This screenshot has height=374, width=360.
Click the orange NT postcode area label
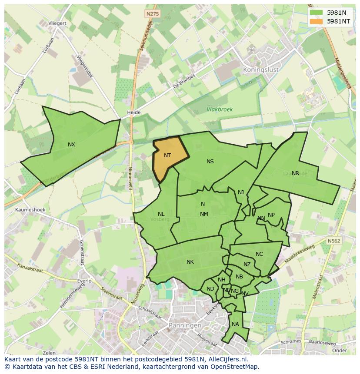[x=167, y=155]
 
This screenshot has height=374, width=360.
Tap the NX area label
[x=71, y=145]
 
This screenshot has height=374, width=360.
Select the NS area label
[x=210, y=162]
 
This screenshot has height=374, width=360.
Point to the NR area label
[x=295, y=173]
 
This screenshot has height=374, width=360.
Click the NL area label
[x=161, y=214]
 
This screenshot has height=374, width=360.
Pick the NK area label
[x=190, y=262]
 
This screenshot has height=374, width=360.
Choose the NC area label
[x=259, y=254]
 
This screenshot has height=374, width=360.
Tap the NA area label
[x=235, y=324]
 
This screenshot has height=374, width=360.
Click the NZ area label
[x=247, y=265]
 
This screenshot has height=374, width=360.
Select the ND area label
[x=210, y=289]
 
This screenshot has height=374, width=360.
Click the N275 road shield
[x=153, y=14]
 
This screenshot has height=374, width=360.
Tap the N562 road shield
[x=334, y=241]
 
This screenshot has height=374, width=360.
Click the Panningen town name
[x=185, y=325]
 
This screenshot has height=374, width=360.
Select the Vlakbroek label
[x=220, y=109]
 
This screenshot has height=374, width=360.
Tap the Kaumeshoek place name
[x=30, y=210]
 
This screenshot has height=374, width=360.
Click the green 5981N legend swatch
[x=316, y=13]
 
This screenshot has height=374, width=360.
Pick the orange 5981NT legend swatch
[x=316, y=21]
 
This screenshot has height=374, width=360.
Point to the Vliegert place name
[x=57, y=23]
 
